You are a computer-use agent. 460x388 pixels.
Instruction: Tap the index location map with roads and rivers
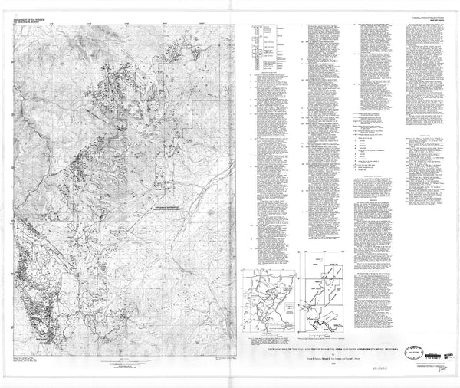pos(266,303)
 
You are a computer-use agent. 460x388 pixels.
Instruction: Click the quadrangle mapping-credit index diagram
pos(321,294)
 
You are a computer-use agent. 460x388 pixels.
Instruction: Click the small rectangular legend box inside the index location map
pos(284,310)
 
